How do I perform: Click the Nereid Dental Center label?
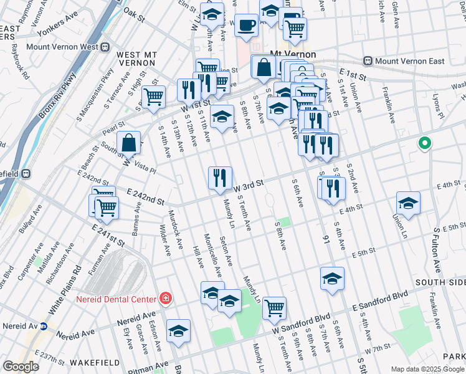[115, 299]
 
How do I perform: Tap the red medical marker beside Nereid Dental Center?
[164, 299]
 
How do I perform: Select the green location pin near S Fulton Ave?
[425, 145]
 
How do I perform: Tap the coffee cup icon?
[247, 26]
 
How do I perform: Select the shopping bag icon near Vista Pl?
[128, 143]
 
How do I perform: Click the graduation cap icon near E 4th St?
[408, 203]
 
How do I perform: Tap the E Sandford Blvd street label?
[381, 300]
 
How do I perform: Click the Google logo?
[21, 367]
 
